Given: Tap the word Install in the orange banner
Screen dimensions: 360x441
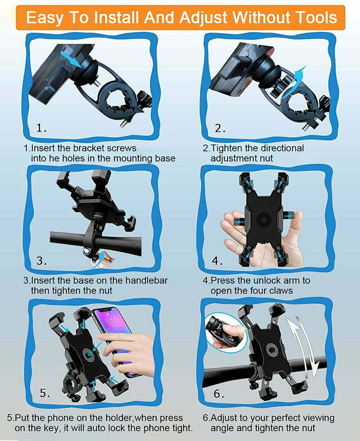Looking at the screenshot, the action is tap(116, 17).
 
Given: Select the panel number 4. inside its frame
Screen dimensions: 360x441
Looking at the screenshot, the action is tap(217, 260).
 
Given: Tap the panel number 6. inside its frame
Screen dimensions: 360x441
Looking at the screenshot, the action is tap(219, 393).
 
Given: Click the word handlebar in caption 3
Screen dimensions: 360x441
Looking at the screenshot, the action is tap(147, 281).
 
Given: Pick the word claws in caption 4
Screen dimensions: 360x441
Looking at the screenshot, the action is tap(281, 291).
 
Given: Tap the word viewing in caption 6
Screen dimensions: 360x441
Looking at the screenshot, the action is tap(319, 418).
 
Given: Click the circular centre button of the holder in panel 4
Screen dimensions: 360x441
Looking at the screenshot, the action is tap(264, 220).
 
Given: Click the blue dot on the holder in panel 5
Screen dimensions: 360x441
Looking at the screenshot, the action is tap(89, 354).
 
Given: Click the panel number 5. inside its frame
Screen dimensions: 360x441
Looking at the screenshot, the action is tap(45, 393).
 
